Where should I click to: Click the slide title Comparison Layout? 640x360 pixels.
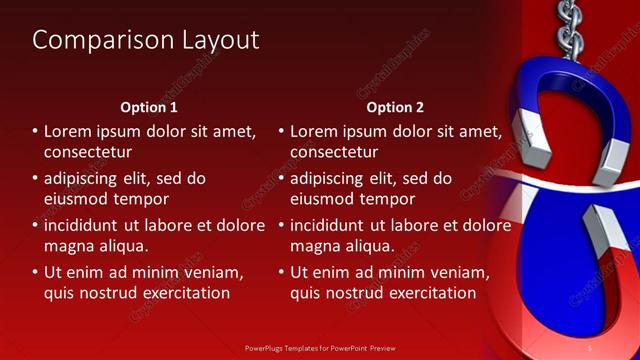click(x=146, y=40)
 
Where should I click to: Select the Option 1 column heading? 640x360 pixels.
click(x=149, y=107)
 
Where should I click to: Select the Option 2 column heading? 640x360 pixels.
click(x=395, y=107)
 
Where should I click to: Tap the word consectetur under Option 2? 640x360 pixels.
click(x=334, y=153)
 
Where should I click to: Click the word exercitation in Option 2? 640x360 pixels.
click(x=429, y=294)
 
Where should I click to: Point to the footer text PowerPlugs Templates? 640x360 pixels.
click(x=284, y=348)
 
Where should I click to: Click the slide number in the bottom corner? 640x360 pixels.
click(x=590, y=347)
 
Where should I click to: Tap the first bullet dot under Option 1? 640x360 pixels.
click(x=35, y=132)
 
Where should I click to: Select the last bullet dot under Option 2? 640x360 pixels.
click(x=282, y=272)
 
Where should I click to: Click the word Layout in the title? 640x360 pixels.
click(x=217, y=40)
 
